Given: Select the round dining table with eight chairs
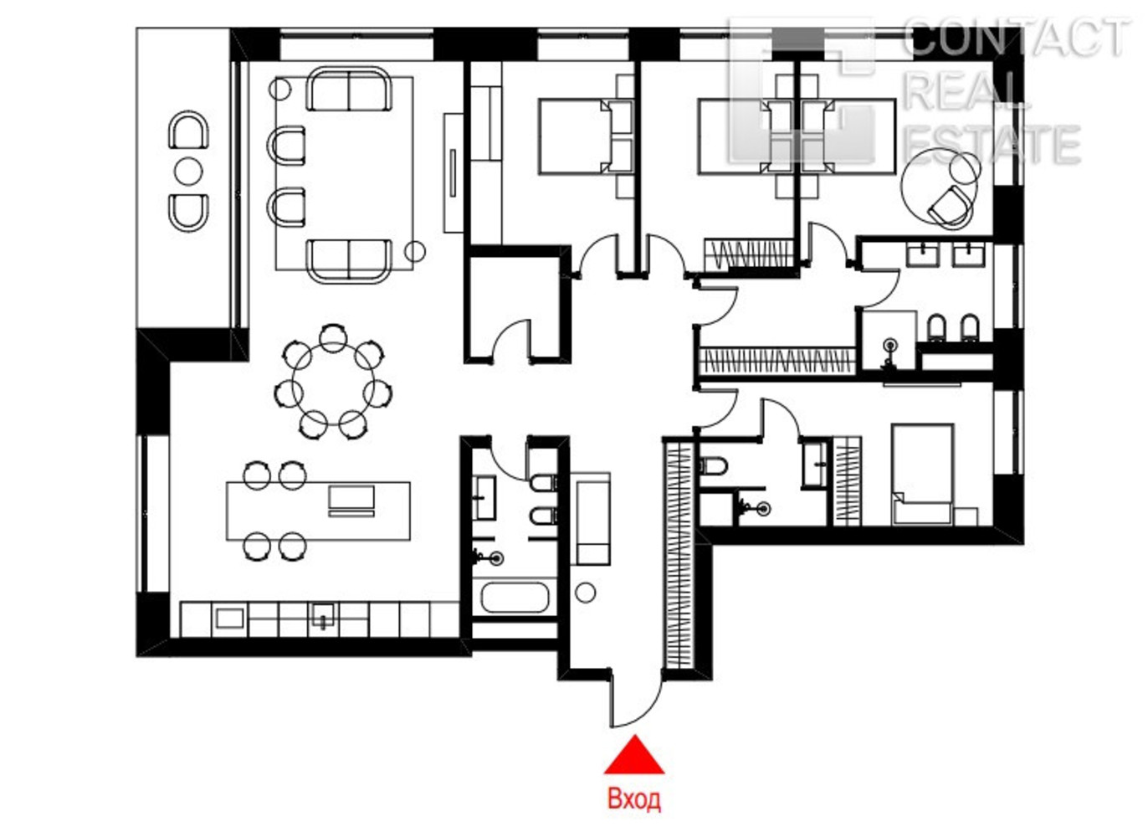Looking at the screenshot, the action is [333, 382].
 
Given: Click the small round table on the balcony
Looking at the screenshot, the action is [188, 172].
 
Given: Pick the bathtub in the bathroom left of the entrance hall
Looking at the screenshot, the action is [514, 598].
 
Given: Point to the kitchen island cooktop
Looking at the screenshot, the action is [351, 501].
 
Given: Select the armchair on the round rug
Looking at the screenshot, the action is [951, 206].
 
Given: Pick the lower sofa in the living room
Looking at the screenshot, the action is [350, 261].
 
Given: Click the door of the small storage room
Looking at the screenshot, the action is [511, 338].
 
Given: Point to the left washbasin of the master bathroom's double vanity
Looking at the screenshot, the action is [922, 254].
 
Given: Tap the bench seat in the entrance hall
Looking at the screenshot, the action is [593, 518].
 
